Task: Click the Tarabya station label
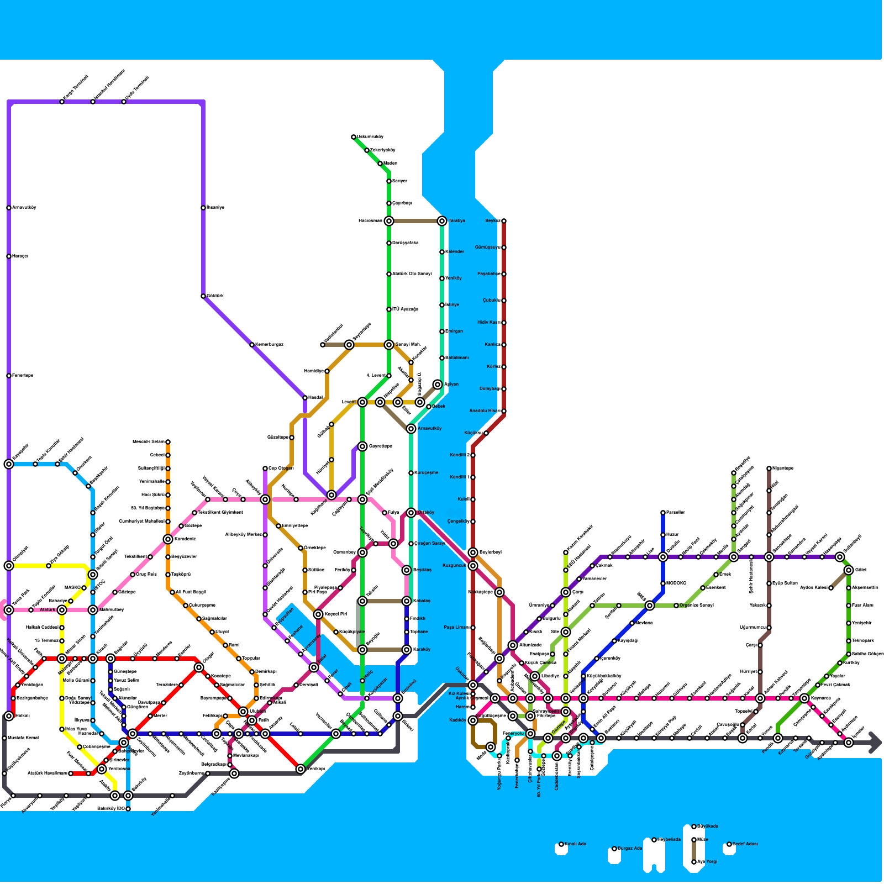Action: click(x=456, y=221)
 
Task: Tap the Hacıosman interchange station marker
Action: click(x=389, y=221)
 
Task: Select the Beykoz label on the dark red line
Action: click(x=493, y=221)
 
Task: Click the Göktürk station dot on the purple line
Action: click(x=203, y=296)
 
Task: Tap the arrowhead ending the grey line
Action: click(x=875, y=743)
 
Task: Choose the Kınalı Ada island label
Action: click(x=575, y=844)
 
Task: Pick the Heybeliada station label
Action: click(x=669, y=840)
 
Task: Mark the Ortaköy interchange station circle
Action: click(x=411, y=513)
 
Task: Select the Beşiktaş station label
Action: click(x=422, y=570)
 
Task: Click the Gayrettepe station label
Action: click(x=380, y=446)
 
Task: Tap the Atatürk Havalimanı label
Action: click(x=48, y=773)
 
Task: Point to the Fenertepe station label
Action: click(x=23, y=376)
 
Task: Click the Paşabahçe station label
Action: click(x=488, y=274)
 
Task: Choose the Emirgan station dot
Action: click(x=442, y=331)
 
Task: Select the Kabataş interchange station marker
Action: click(x=407, y=601)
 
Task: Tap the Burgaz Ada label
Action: click(x=630, y=849)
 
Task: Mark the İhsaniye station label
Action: click(x=215, y=208)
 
